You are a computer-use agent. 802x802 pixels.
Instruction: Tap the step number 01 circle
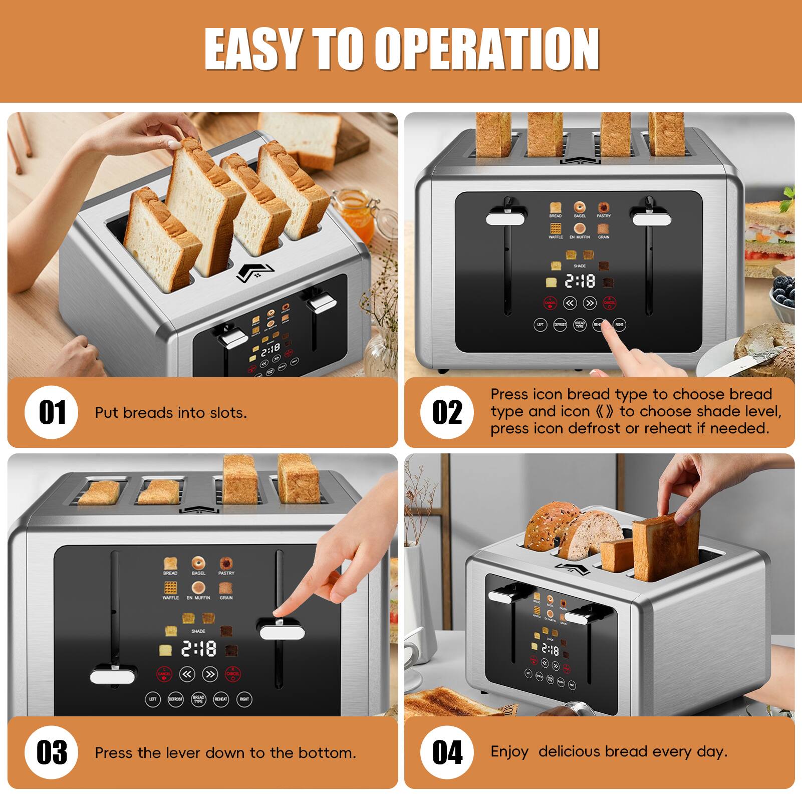point(52,412)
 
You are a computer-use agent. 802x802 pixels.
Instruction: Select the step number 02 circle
point(447,412)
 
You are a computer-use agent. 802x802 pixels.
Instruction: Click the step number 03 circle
point(52,752)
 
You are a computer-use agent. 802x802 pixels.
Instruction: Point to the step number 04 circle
point(447,752)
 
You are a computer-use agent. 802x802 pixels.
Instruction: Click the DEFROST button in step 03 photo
point(175,699)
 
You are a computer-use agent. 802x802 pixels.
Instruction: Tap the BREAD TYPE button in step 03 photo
point(198,699)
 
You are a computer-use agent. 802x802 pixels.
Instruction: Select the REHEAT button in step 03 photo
point(221,699)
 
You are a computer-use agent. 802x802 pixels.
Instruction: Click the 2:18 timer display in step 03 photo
point(198,649)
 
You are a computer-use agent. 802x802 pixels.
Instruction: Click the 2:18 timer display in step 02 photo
point(580,281)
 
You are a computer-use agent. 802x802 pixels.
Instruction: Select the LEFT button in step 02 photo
point(540,325)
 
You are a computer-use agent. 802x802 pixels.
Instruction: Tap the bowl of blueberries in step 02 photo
point(784,295)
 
